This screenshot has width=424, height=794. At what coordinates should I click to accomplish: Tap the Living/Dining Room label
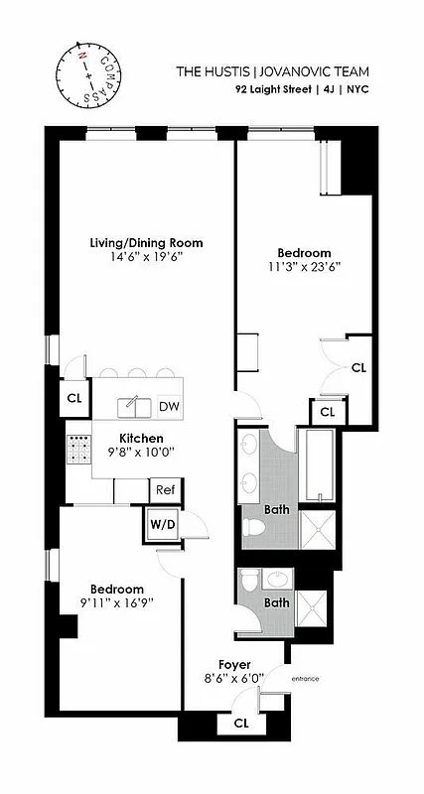click(146, 242)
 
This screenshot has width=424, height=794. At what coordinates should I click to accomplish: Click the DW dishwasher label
click(169, 406)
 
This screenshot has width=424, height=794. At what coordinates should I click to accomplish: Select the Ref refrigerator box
click(164, 489)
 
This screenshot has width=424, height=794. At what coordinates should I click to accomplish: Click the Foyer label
click(234, 664)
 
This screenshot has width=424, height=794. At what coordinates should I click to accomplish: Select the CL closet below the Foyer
click(241, 724)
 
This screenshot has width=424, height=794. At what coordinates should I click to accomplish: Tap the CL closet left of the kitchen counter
click(73, 398)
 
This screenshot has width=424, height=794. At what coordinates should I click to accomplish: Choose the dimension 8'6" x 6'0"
click(234, 679)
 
